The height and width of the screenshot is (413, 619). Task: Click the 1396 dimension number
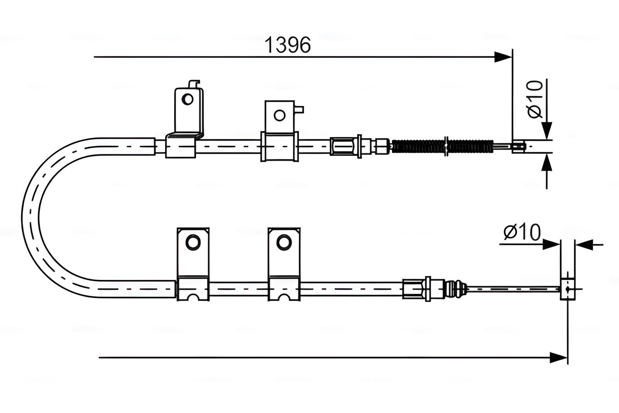[287, 45]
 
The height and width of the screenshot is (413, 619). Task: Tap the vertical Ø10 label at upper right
[535, 99]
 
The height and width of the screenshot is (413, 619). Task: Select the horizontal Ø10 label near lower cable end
[522, 232]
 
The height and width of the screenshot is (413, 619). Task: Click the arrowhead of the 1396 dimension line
[503, 57]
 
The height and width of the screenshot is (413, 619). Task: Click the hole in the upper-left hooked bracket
[188, 99]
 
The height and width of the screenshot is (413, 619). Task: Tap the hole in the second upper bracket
[279, 115]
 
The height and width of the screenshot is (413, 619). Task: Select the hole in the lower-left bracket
[193, 242]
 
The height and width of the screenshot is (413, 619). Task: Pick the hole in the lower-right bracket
[283, 242]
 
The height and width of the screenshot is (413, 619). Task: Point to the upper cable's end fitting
[518, 146]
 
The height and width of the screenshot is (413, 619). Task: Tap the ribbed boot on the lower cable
[455, 288]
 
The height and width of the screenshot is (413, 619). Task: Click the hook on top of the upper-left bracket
[194, 84]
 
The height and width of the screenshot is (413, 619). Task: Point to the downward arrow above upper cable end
[547, 130]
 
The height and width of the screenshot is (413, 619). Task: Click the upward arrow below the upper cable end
[547, 163]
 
